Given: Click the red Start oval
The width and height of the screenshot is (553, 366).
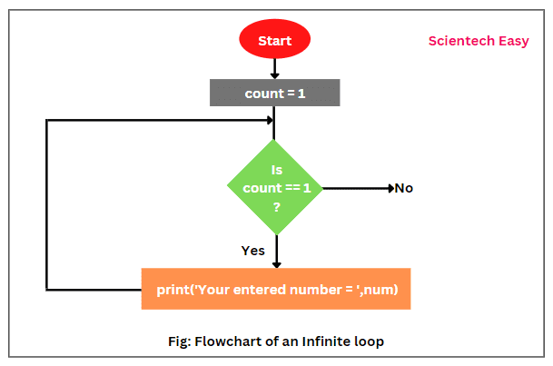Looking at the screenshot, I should [274, 40].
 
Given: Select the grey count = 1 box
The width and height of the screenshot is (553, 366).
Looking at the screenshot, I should [274, 93].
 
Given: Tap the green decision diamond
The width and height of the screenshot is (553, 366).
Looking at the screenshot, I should [274, 188].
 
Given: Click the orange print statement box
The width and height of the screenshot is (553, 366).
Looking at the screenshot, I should [275, 290].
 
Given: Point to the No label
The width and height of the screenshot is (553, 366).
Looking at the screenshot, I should [403, 188].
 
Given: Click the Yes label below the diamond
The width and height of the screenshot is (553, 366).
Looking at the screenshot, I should [253, 250].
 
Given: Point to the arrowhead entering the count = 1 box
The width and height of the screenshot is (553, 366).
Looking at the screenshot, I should [274, 75].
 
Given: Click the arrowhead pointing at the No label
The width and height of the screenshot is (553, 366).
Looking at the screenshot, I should [388, 188].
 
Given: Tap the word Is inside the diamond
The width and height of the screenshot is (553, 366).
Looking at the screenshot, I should [277, 169].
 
